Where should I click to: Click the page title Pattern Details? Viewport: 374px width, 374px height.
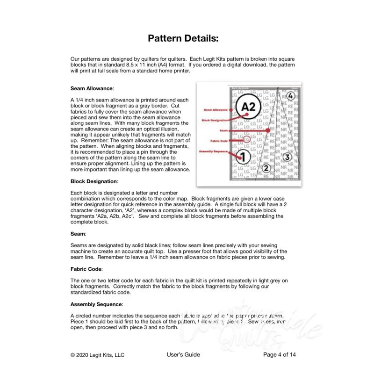click(183, 38)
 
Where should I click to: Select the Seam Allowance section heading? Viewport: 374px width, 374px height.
click(92, 88)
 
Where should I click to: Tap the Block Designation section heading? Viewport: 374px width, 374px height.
click(94, 181)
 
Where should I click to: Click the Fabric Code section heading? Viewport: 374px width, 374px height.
click(86, 269)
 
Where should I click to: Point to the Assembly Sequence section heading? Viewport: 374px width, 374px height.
click(97, 304)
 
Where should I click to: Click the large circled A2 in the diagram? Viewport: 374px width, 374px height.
click(249, 107)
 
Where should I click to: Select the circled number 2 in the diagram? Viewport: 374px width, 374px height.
click(266, 168)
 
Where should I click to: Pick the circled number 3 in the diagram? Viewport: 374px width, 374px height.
click(288, 157)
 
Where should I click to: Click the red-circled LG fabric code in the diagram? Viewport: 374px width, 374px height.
click(247, 139)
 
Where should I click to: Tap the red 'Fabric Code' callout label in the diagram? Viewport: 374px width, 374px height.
click(219, 141)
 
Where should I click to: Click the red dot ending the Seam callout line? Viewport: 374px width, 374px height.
click(268, 131)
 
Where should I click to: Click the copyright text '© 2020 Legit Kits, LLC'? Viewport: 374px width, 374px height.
click(98, 355)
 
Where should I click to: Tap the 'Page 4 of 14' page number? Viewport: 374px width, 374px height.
click(280, 355)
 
